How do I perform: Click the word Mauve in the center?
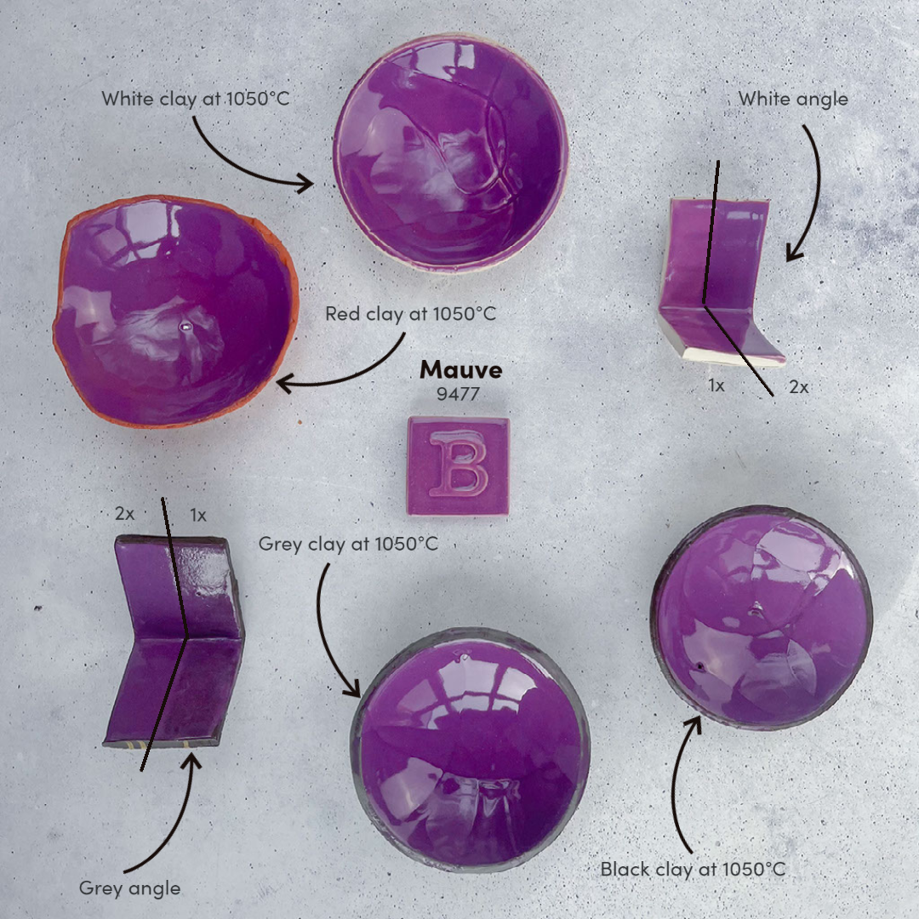[x=460, y=370]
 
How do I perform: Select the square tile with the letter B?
[x=458, y=465]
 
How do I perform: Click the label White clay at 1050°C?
[x=195, y=99]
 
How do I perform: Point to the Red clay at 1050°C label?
[x=410, y=314]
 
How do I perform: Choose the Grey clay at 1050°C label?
[x=348, y=543]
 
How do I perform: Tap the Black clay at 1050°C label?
[x=693, y=869]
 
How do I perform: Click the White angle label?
[x=792, y=99]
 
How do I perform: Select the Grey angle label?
[x=129, y=888]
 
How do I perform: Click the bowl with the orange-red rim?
[x=176, y=311]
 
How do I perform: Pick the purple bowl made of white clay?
[x=450, y=152]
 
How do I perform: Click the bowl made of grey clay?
[x=471, y=749]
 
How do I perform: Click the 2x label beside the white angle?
[x=798, y=386]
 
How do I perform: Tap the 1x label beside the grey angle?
[x=197, y=515]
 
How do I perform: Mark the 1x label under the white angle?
[x=716, y=385]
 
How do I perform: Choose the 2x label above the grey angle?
[x=125, y=514]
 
